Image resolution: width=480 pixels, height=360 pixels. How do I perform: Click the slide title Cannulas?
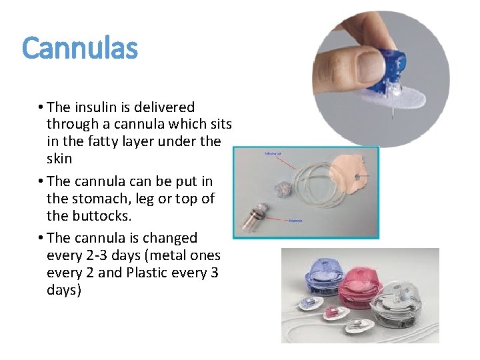[80, 49]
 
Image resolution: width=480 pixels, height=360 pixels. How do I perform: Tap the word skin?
[59, 159]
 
